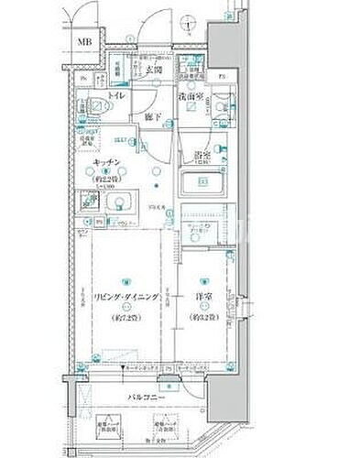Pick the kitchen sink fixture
click(116, 203)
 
